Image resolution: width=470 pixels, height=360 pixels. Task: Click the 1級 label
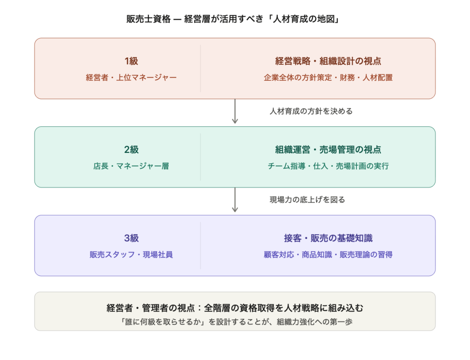131,61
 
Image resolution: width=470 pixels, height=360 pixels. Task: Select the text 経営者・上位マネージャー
131,78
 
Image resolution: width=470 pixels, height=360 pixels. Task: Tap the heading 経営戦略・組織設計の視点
328,61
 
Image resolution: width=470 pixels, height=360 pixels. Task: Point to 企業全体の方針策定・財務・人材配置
328,78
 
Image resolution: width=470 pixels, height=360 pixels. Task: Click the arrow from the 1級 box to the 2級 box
235,112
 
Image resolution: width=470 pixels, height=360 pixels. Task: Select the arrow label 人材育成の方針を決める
311,111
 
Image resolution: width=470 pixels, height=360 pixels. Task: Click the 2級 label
131,149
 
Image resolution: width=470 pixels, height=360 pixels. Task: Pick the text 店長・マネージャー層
131,166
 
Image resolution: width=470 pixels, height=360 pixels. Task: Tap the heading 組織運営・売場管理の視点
328,149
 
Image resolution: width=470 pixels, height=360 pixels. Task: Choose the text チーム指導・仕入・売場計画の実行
328,166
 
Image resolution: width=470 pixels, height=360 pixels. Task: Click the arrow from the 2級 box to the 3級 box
235,200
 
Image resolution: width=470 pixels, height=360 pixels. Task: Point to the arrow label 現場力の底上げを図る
307,200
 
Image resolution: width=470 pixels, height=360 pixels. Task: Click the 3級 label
131,238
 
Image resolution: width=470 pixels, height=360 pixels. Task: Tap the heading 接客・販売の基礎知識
328,238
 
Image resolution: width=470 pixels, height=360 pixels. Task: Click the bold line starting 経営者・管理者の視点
235,308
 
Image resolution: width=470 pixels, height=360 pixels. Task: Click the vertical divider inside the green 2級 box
201,157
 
